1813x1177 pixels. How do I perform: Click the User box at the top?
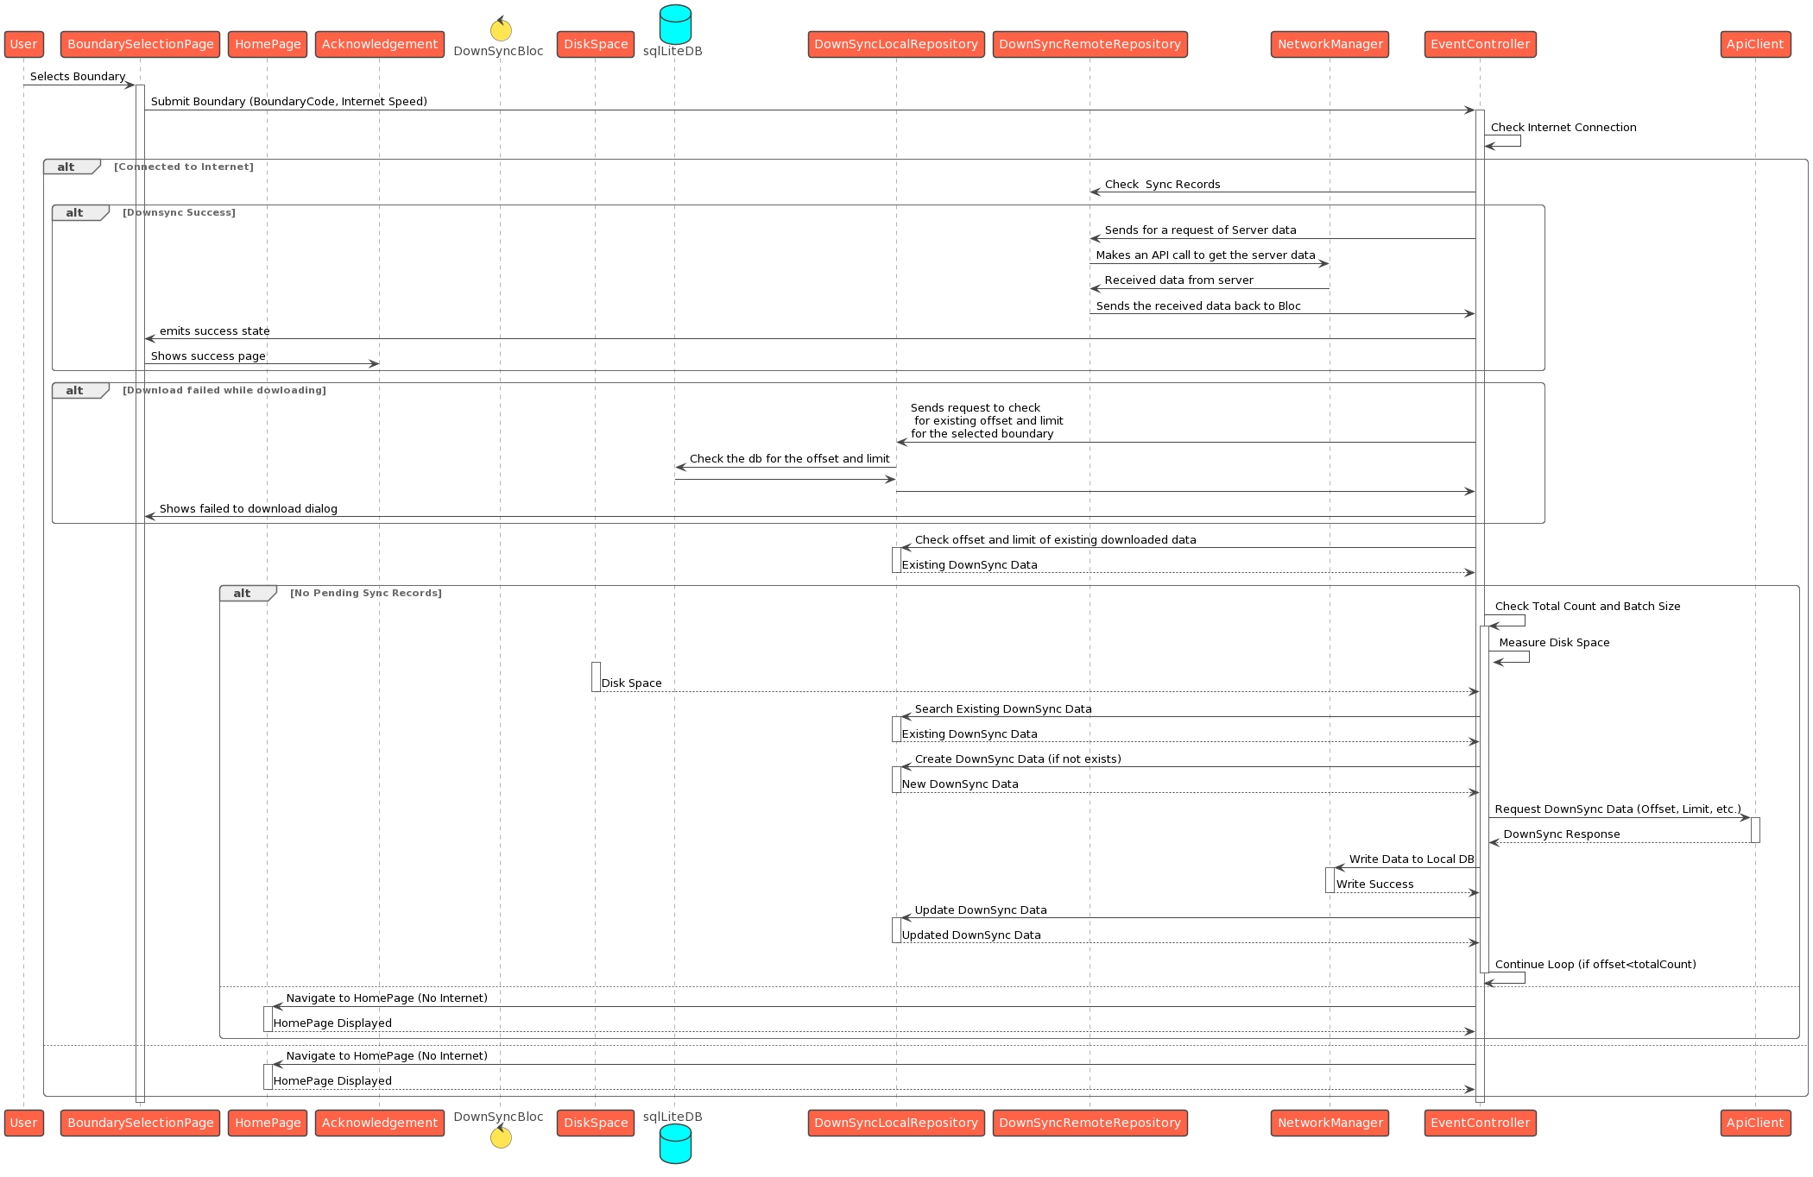tap(23, 44)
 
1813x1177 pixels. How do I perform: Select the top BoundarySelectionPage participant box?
tap(140, 44)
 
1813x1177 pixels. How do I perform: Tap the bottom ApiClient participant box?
tap(1754, 1123)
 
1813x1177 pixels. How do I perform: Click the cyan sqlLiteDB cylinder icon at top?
tap(674, 24)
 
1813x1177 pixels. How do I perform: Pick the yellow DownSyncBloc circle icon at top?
tap(501, 29)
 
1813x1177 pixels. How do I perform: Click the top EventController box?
tap(1480, 44)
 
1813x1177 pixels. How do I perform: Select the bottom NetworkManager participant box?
tap(1330, 1123)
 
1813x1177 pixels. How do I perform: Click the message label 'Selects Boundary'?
tap(78, 77)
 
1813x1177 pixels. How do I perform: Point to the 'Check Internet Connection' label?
tap(1563, 128)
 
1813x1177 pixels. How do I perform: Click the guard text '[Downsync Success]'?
tap(179, 212)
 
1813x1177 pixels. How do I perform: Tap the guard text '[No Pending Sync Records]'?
tap(365, 593)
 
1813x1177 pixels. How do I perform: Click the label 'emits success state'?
tap(214, 331)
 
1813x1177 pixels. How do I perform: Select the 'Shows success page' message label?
tap(208, 356)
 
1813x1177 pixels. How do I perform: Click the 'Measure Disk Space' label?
tap(1554, 643)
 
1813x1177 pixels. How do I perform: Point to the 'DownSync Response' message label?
tap(1561, 834)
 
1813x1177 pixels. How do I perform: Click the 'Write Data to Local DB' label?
tap(1411, 859)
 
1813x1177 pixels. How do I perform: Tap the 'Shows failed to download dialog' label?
tap(248, 509)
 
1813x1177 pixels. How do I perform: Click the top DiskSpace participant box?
tap(596, 44)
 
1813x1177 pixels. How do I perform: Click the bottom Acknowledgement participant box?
tap(380, 1123)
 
